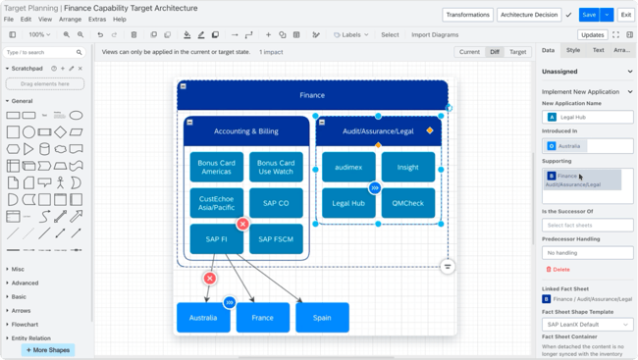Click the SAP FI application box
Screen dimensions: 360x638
pos(216,238)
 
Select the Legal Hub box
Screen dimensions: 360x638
pos(347,203)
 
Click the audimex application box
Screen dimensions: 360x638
pos(347,167)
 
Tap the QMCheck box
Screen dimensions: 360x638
pos(407,203)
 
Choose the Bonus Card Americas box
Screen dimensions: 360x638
pos(216,167)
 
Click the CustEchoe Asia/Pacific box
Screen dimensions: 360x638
pos(216,203)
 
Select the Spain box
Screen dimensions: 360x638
pos(322,318)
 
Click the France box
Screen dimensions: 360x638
pos(263,318)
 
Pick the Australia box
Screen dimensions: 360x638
pos(203,318)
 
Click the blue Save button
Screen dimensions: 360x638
pos(588,15)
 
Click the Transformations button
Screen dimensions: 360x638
pos(467,15)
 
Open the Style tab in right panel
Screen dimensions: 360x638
pos(573,50)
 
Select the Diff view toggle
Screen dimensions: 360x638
pos(495,52)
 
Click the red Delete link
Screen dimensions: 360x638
pos(558,269)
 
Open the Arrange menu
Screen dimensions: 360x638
pos(70,19)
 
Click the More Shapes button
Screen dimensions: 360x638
pos(47,349)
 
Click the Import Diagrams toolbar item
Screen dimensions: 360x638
pos(435,34)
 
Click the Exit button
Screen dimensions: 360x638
pos(625,15)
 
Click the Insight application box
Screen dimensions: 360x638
pos(407,167)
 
